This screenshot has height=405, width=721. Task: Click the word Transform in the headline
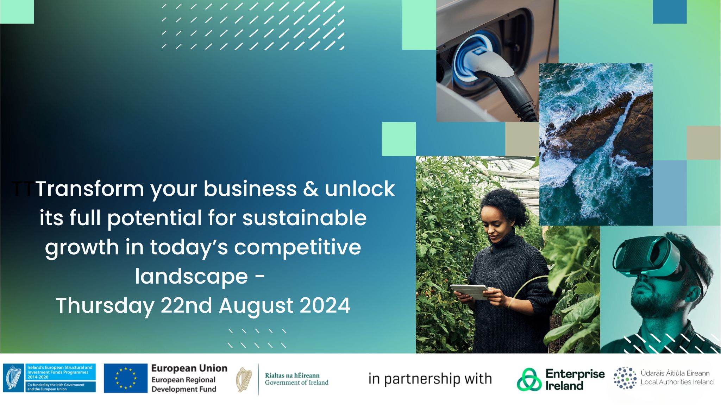click(90, 189)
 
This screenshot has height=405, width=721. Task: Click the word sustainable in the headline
click(305, 218)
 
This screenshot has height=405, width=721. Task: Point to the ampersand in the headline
click(311, 189)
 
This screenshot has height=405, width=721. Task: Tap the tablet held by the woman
click(469, 292)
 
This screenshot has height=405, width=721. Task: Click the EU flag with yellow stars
click(125, 378)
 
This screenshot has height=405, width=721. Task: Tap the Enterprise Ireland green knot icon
click(529, 379)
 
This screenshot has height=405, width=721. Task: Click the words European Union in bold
click(189, 368)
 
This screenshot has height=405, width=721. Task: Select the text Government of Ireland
click(296, 382)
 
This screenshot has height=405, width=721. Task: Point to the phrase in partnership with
click(430, 379)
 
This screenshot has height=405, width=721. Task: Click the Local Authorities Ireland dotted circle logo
click(625, 378)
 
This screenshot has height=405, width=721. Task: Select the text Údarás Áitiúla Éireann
click(675, 373)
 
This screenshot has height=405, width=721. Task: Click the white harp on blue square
click(14, 378)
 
